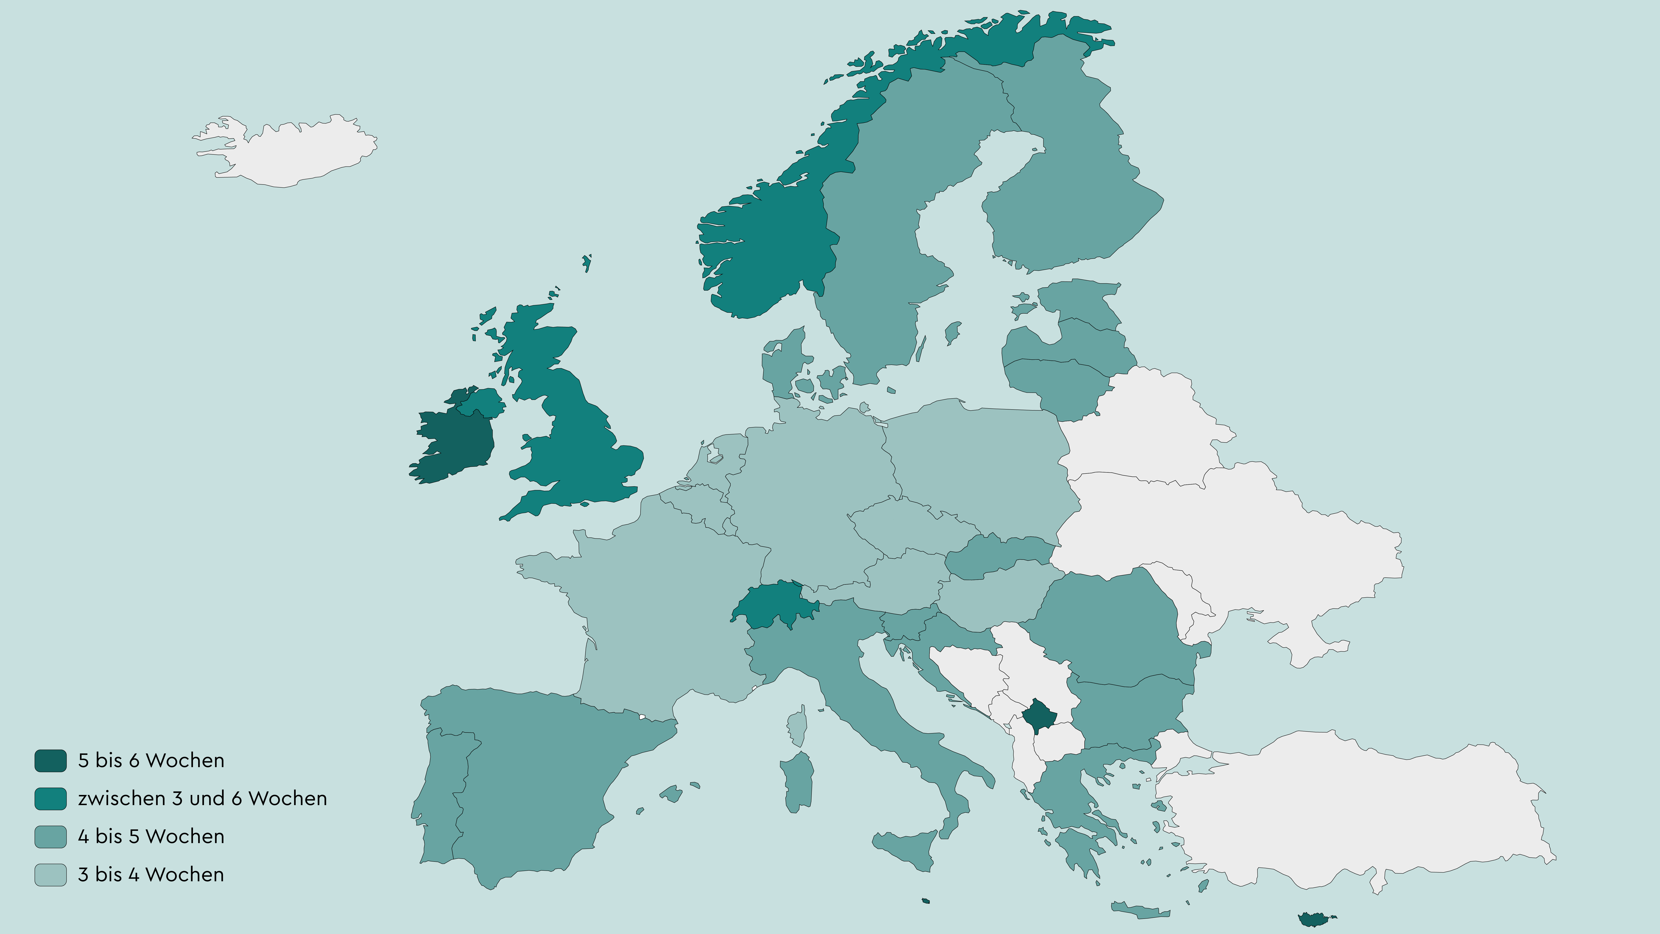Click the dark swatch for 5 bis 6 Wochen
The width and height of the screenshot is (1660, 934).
tap(50, 761)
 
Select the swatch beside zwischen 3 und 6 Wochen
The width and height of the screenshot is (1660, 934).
tap(50, 799)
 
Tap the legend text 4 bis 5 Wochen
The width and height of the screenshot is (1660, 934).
tap(151, 837)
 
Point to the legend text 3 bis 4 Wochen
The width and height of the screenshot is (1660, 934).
tap(151, 875)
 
